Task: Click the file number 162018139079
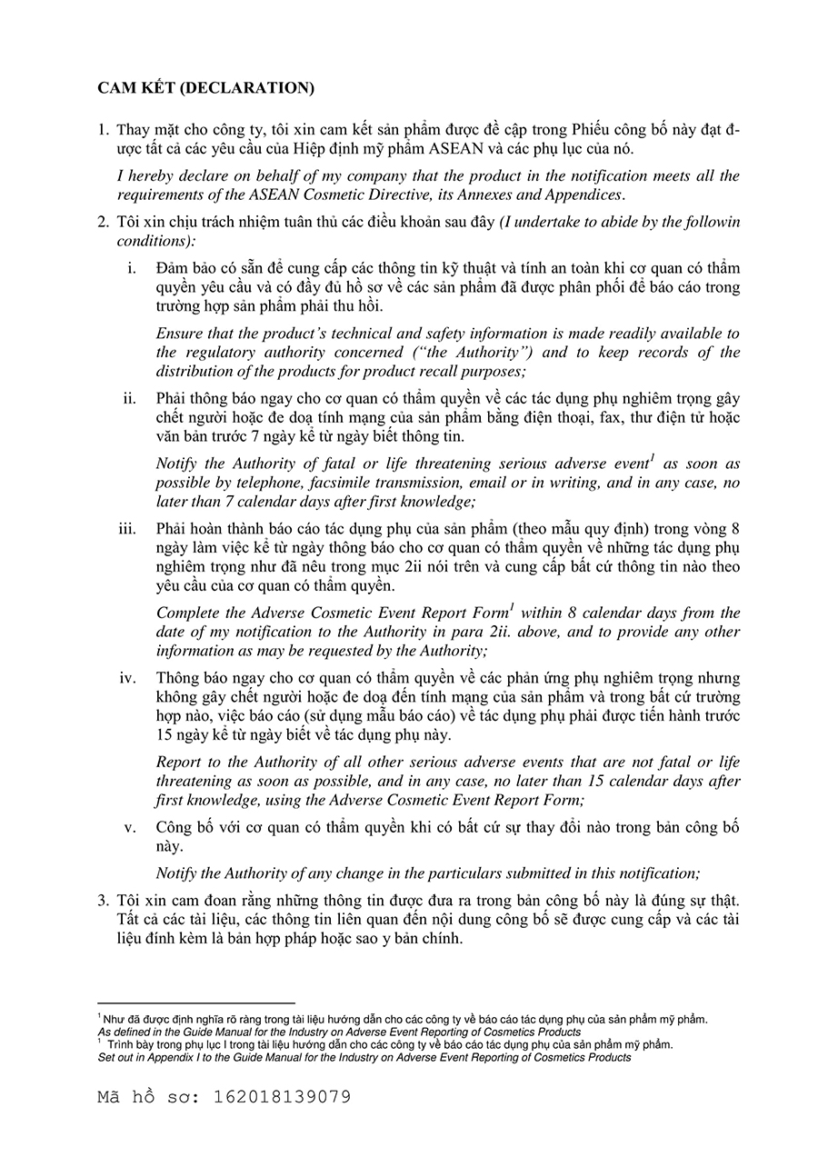pyautogui.click(x=281, y=1097)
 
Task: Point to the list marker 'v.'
pyautogui.click(x=130, y=827)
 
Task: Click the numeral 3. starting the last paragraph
pyautogui.click(x=104, y=900)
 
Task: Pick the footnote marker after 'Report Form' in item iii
pyautogui.click(x=512, y=607)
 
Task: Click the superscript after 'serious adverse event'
pyautogui.click(x=653, y=458)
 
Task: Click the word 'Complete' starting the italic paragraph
pyautogui.click(x=188, y=613)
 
